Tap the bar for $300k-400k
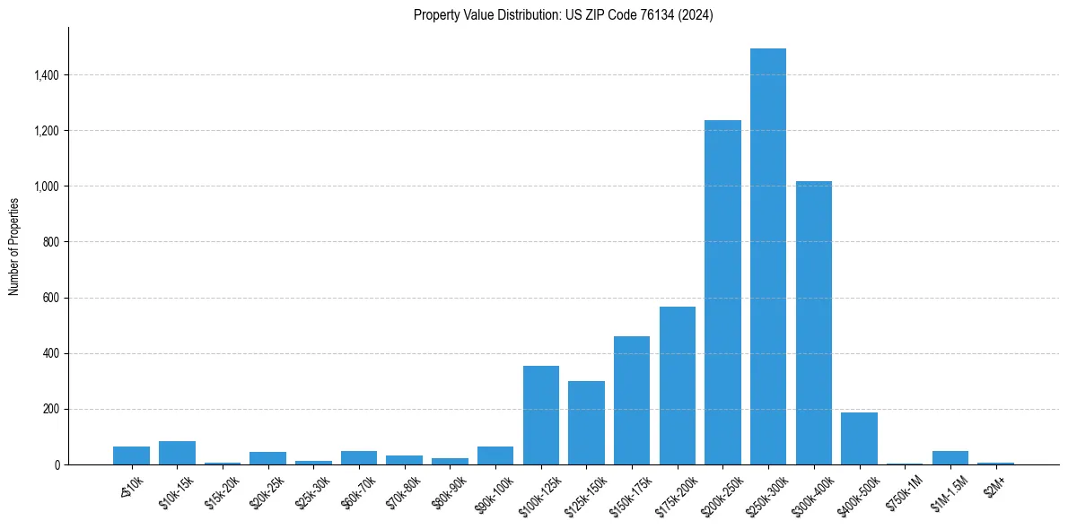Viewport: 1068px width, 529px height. [x=814, y=323]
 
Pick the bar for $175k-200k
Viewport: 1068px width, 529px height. [x=678, y=386]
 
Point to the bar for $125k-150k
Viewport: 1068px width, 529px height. [x=586, y=423]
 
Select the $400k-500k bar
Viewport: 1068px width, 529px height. [x=859, y=438]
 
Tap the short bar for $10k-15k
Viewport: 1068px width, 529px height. [x=177, y=453]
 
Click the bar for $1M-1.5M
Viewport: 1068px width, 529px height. [x=950, y=458]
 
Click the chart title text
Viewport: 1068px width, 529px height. [x=564, y=15]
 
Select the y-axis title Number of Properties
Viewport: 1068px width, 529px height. [x=14, y=246]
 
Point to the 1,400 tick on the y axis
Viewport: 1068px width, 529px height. [x=47, y=75]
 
